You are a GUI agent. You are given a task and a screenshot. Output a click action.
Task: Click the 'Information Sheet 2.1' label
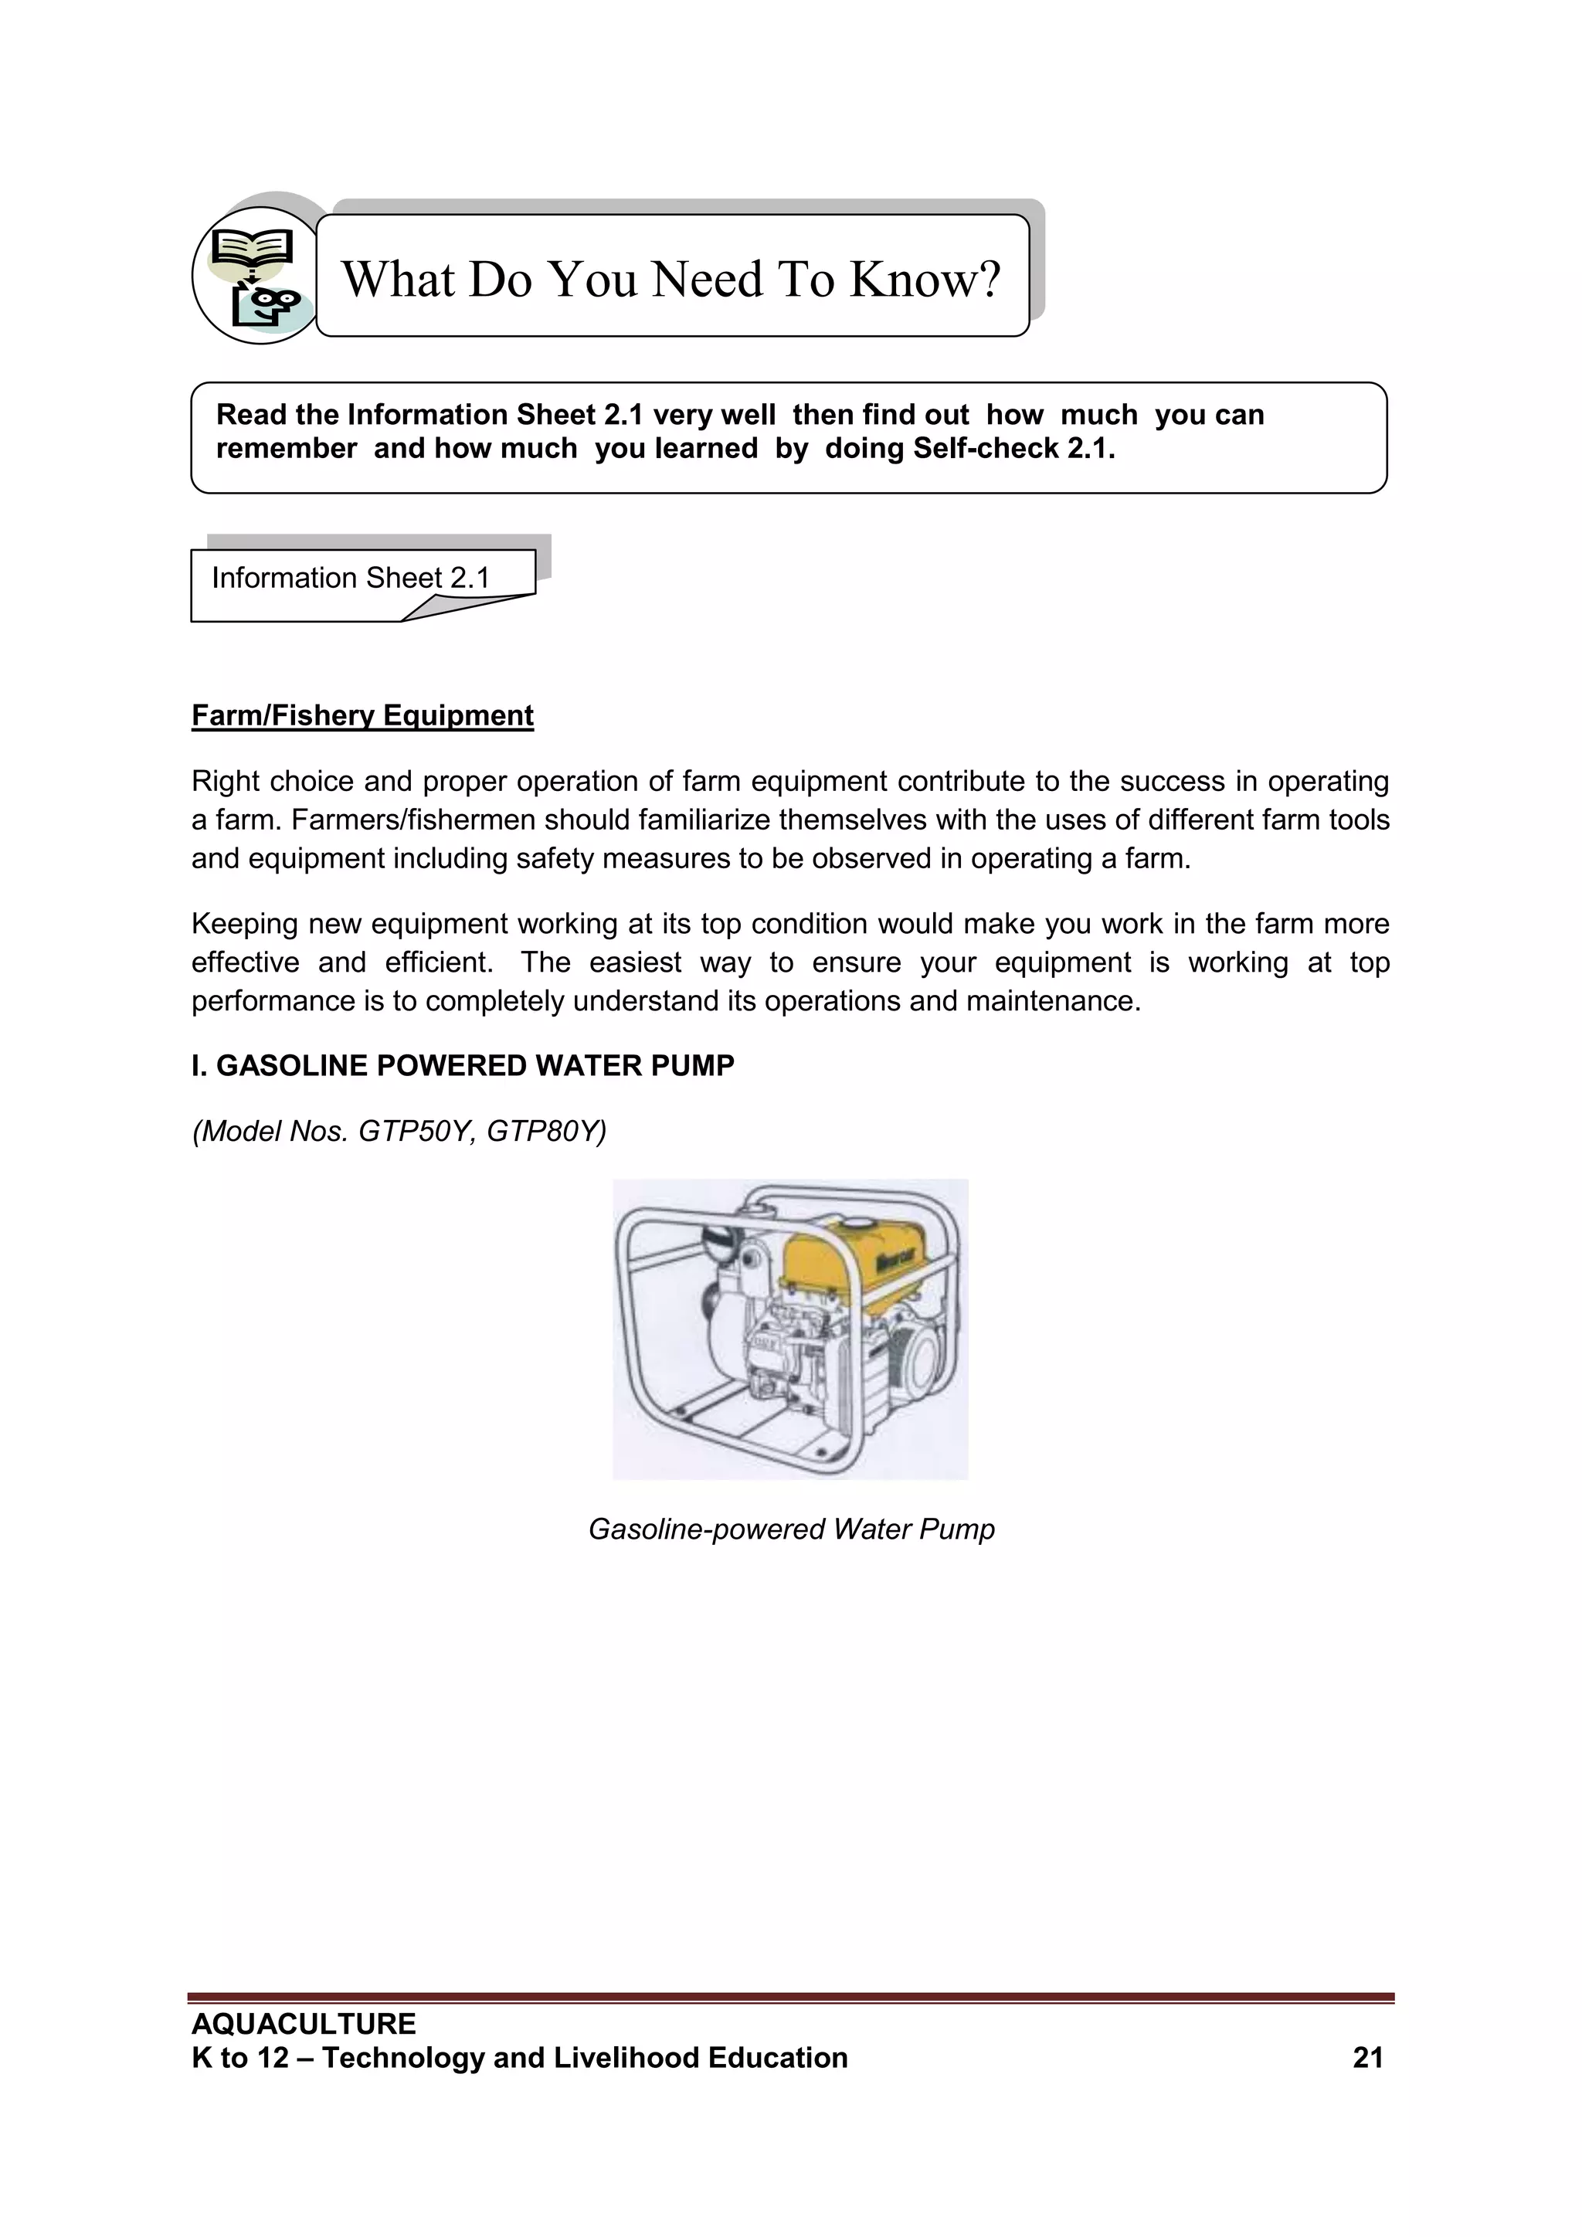(351, 578)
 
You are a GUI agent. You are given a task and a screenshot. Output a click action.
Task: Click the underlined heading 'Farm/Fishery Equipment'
(362, 715)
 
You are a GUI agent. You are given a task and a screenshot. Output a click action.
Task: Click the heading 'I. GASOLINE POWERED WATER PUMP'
(463, 1066)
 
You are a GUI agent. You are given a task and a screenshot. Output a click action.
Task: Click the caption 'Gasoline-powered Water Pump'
(791, 1529)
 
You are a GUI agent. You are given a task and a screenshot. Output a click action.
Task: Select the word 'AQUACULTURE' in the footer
(304, 2024)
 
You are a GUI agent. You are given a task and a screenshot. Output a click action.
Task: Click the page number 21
(1368, 2058)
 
